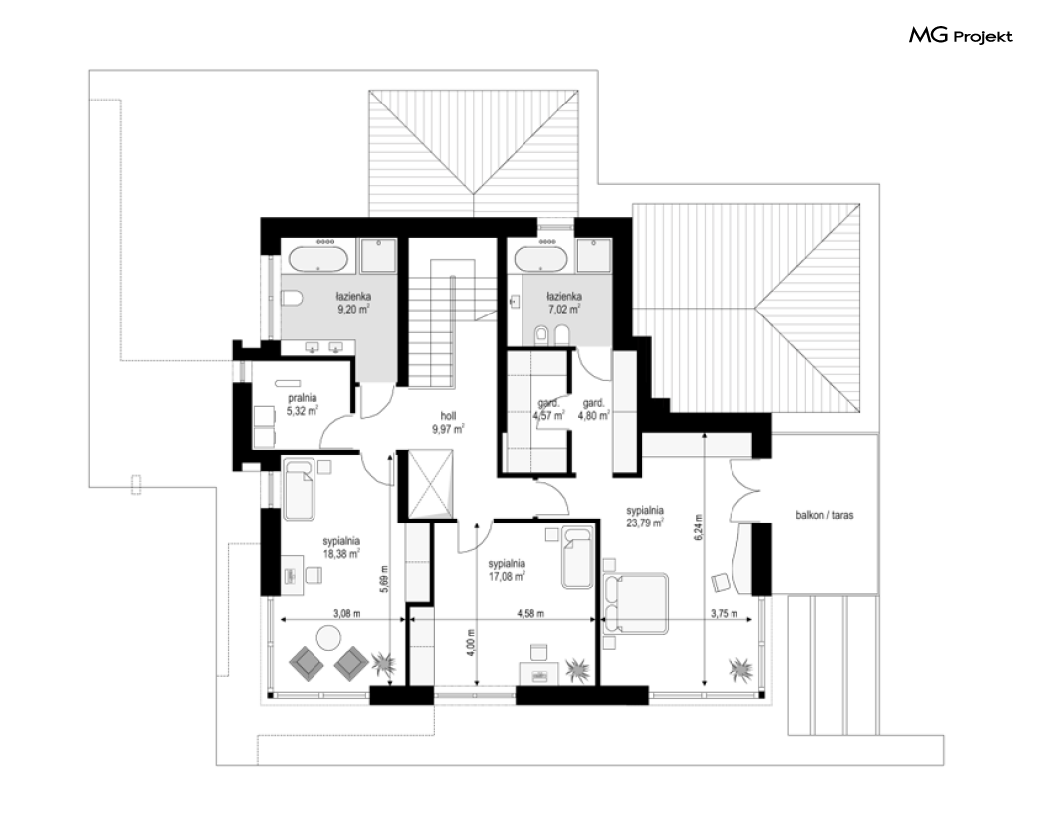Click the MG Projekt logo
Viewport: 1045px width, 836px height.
960,36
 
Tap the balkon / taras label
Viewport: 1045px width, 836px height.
824,515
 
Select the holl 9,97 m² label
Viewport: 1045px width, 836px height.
448,423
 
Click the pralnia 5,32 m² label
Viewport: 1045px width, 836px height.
302,405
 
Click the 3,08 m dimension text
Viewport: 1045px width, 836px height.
346,613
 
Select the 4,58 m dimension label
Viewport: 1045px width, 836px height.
530,613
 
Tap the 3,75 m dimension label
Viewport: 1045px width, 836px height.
724,613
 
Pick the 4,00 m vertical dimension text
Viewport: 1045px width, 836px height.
471,643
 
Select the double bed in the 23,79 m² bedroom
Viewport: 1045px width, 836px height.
635,603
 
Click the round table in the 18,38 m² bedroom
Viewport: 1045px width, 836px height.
329,637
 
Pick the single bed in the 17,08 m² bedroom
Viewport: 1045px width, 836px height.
577,558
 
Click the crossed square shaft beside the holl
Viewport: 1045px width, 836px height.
431,484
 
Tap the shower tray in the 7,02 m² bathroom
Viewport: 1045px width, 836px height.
594,256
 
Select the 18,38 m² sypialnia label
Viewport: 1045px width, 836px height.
341,547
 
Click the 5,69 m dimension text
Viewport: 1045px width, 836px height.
384,578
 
